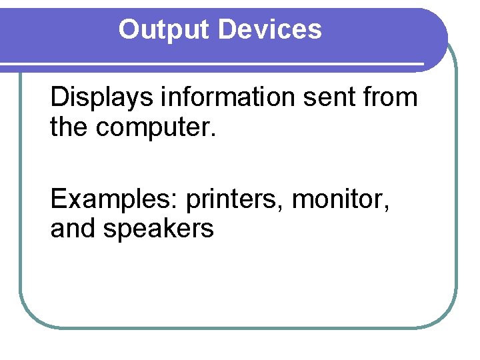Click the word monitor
click(x=338, y=199)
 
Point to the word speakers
click(x=157, y=229)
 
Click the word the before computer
click(x=70, y=128)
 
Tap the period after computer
click(x=213, y=135)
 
